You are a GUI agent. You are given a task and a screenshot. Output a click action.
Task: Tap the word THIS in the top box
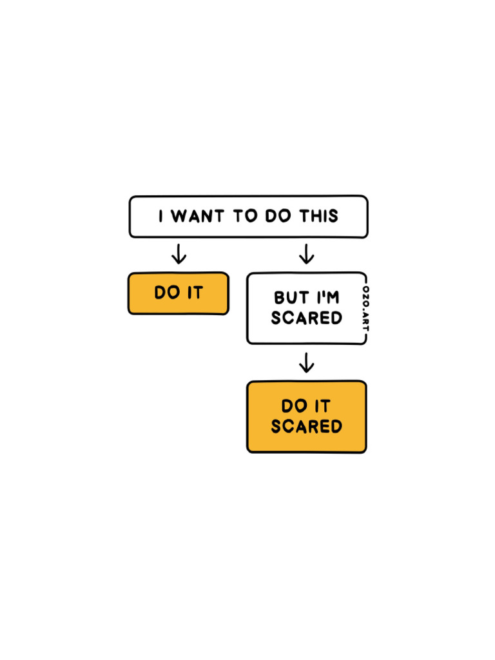click(318, 217)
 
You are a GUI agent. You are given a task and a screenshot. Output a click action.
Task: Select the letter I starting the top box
click(161, 217)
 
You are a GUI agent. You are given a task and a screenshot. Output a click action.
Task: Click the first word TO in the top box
click(245, 217)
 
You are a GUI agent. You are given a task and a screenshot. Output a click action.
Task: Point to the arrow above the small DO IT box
click(179, 254)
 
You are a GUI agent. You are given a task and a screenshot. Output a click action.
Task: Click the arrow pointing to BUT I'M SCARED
click(307, 254)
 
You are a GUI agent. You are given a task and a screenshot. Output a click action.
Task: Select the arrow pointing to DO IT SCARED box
click(307, 362)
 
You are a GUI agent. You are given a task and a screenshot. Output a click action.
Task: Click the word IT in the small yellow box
click(195, 293)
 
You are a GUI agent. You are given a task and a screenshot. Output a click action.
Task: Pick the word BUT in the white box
click(288, 298)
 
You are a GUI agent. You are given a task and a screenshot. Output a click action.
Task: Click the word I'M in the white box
click(327, 298)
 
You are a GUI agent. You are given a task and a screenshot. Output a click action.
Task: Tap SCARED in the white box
click(306, 318)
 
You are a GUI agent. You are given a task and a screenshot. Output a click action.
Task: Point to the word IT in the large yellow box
click(322, 406)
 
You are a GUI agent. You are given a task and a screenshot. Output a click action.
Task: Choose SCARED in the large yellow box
click(306, 427)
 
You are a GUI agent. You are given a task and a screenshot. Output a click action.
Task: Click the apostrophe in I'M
click(323, 293)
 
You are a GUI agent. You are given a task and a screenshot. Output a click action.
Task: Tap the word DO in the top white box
click(278, 217)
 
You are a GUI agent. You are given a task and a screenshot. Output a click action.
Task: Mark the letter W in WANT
click(179, 217)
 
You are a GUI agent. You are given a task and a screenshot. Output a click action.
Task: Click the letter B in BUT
click(280, 298)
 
